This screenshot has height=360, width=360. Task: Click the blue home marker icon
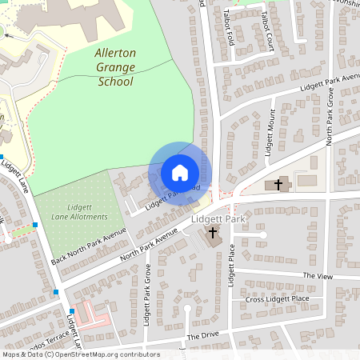click(x=180, y=173)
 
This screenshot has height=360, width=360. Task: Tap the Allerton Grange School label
click(x=114, y=68)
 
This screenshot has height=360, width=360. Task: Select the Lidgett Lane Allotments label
click(x=78, y=212)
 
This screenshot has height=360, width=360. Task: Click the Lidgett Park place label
click(x=218, y=218)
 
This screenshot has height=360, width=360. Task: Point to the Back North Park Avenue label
click(x=79, y=246)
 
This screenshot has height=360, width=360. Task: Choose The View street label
click(x=317, y=275)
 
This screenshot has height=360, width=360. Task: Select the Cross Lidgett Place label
click(x=277, y=299)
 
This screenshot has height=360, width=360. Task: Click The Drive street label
click(x=202, y=336)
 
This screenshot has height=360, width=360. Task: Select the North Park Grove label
click(x=328, y=116)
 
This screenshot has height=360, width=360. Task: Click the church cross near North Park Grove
click(x=278, y=185)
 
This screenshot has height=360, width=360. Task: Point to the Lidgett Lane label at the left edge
click(x=14, y=178)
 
